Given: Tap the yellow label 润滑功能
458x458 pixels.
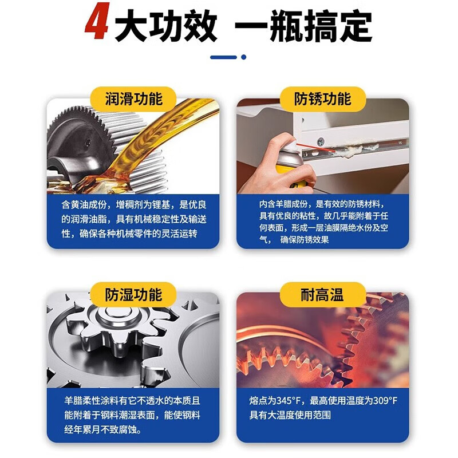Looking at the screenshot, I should (133, 98).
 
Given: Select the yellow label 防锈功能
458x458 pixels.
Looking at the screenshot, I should (322, 98).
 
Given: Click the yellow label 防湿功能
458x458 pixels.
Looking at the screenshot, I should (133, 294).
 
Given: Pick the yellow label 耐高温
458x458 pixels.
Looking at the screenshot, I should (322, 294).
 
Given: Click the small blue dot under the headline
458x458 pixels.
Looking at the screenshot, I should (243, 57).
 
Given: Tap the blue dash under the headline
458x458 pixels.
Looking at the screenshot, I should (223, 57).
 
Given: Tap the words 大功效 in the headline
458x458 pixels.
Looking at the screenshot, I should (166, 26).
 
